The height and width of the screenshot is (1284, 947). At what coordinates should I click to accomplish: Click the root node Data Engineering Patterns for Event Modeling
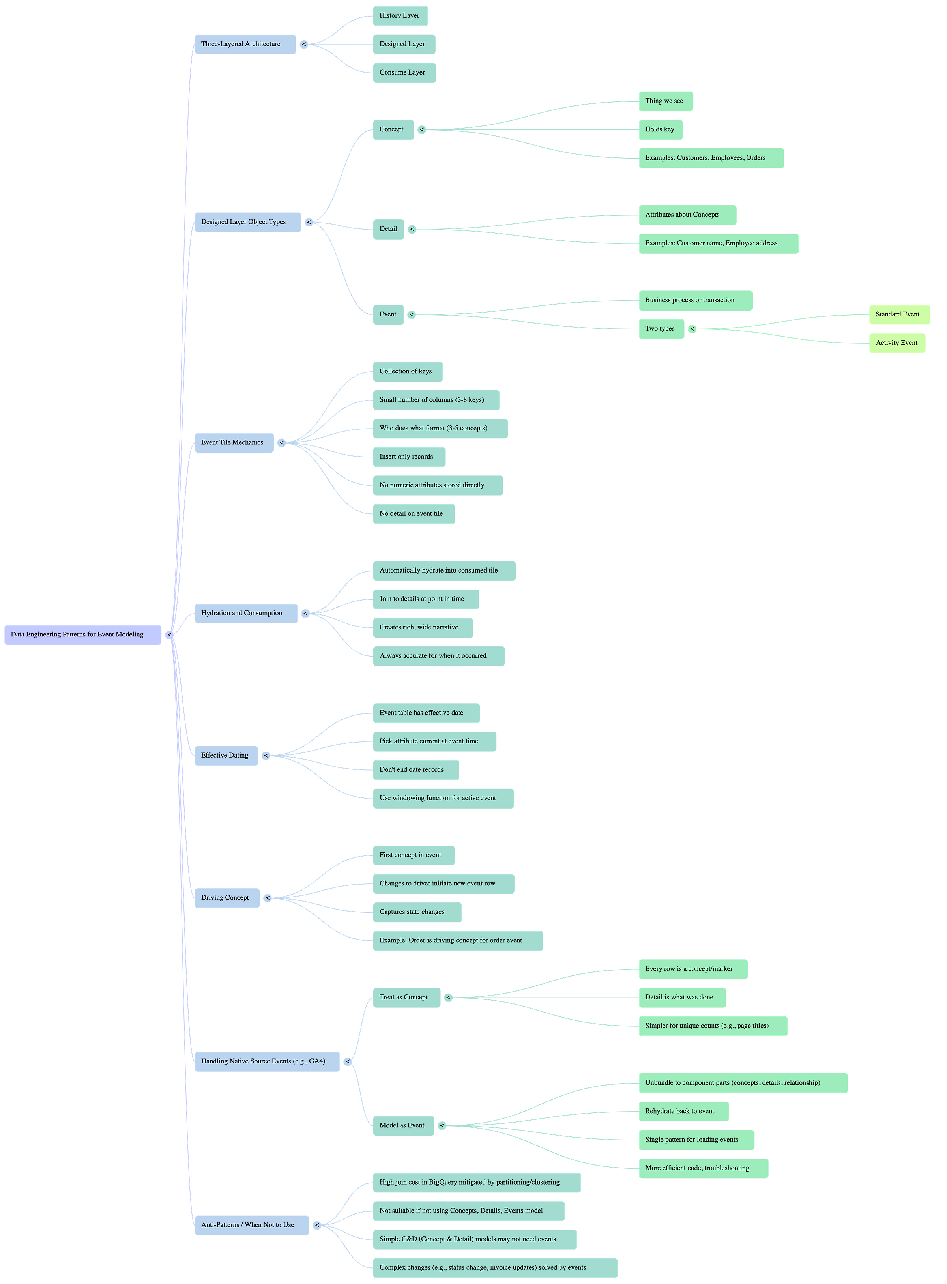point(82,635)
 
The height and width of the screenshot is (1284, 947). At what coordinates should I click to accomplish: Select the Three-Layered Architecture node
point(245,44)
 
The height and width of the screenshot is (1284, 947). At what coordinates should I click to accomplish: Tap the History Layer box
point(400,15)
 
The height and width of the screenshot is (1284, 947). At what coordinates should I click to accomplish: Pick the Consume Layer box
point(404,72)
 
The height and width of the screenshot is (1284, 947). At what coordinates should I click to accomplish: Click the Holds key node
point(661,129)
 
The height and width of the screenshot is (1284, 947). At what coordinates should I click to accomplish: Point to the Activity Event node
point(896,343)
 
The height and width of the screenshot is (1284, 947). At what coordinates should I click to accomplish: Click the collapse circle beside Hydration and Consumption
point(305,613)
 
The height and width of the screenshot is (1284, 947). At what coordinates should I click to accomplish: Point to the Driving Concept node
point(226,898)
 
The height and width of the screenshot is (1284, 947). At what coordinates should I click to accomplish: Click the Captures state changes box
point(417,912)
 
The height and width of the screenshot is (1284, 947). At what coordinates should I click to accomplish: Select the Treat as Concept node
point(406,998)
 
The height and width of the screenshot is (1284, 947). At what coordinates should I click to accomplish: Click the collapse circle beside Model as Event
point(442,1126)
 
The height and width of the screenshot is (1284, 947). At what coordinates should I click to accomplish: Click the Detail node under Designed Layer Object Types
point(388,229)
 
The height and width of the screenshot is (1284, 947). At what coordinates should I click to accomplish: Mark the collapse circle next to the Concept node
point(422,129)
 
